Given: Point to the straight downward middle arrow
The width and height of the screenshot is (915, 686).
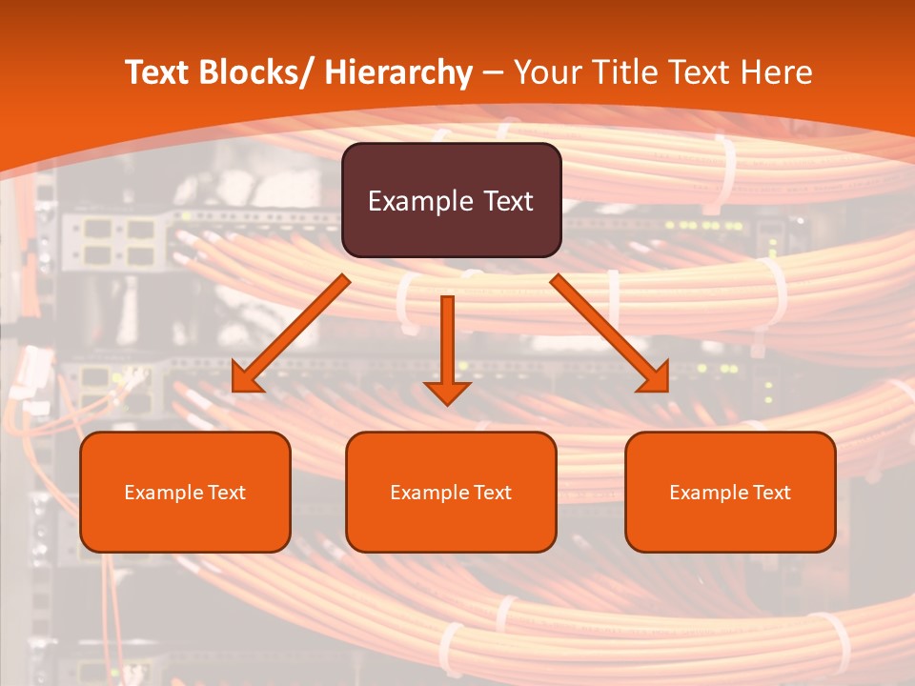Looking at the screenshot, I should (447, 343).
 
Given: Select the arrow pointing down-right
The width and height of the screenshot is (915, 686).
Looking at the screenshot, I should (605, 329).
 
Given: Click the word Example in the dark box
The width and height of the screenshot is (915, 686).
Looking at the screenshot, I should (419, 201).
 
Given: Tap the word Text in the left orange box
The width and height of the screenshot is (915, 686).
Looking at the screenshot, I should (227, 493).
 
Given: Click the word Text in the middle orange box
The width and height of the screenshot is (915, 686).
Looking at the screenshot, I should (493, 493).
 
